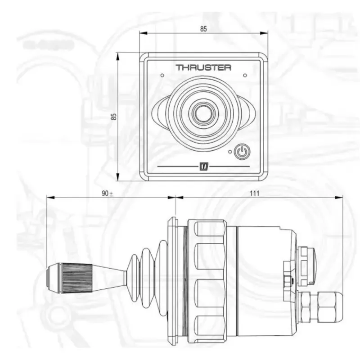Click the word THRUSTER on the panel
coord(203,68)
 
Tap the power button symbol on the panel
coord(242,152)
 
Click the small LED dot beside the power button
coord(230,152)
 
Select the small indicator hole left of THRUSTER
coord(162,75)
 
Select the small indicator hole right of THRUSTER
coord(245,75)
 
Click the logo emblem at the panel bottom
coord(204,166)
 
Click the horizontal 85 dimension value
coord(203,29)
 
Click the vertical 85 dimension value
coord(114,116)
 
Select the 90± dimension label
coord(108,193)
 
